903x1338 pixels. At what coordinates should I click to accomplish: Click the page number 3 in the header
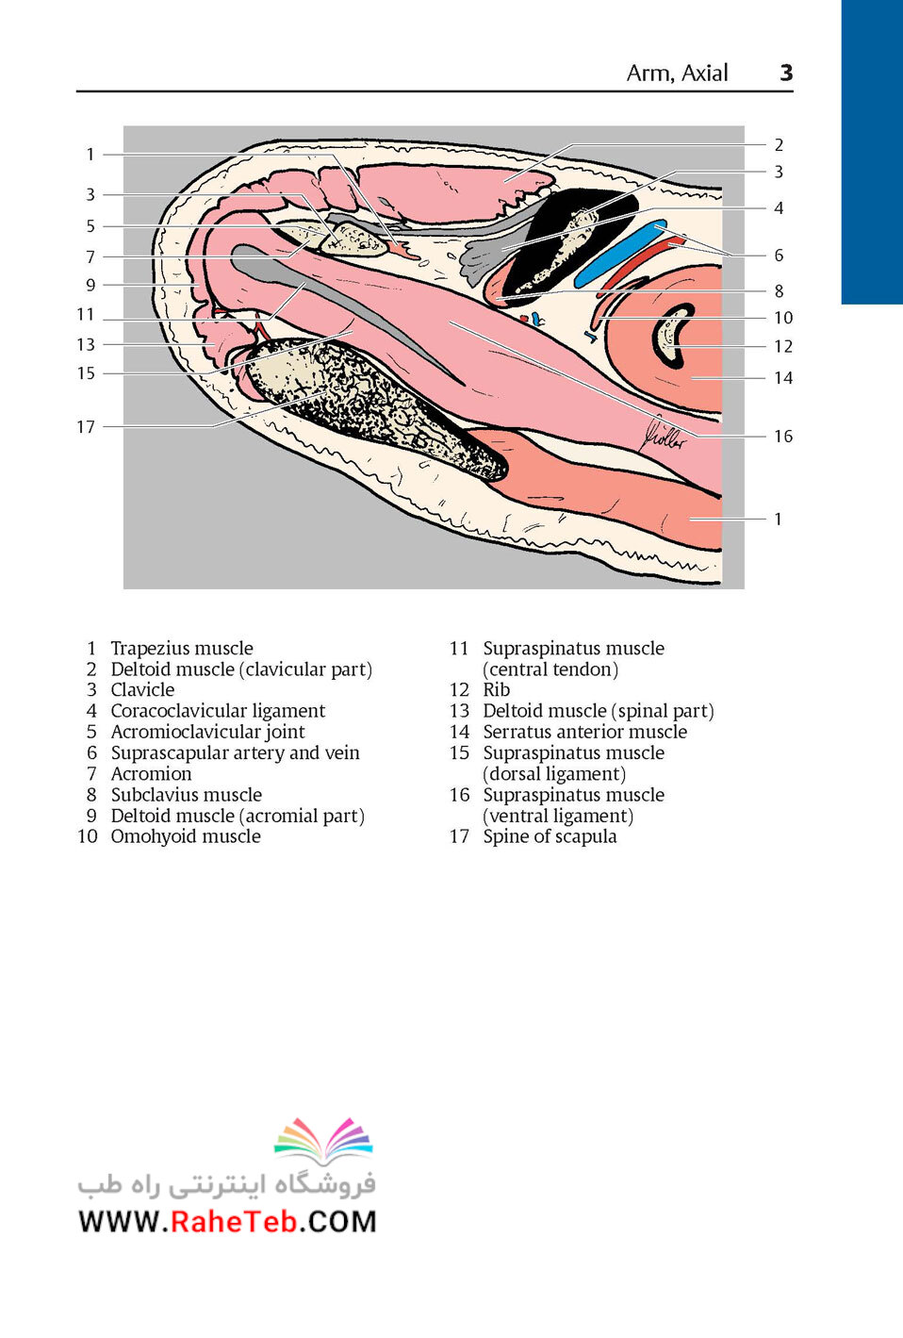(786, 73)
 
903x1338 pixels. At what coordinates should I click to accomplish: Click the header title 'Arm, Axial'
(677, 73)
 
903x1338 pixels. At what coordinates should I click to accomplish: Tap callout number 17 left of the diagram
(86, 427)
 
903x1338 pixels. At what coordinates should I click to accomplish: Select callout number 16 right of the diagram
(783, 436)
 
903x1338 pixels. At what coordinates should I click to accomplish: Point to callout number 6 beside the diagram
(779, 255)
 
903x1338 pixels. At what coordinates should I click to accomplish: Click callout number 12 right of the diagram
(783, 346)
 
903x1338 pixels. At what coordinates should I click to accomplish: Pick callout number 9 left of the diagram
(90, 285)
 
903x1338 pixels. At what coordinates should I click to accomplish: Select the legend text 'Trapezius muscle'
(182, 648)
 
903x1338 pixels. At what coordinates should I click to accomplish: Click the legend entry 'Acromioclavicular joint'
(207, 732)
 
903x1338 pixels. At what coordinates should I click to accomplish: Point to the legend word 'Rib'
(497, 690)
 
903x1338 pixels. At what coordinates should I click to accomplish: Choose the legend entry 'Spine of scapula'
(550, 836)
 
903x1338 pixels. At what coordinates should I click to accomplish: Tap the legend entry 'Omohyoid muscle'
(186, 836)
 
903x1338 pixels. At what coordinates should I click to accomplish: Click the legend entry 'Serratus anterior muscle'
(584, 732)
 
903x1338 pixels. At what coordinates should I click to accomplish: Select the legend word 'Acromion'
(151, 773)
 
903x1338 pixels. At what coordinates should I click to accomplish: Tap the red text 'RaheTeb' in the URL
(234, 1221)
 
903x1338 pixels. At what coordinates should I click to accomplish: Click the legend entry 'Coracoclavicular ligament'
(218, 711)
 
